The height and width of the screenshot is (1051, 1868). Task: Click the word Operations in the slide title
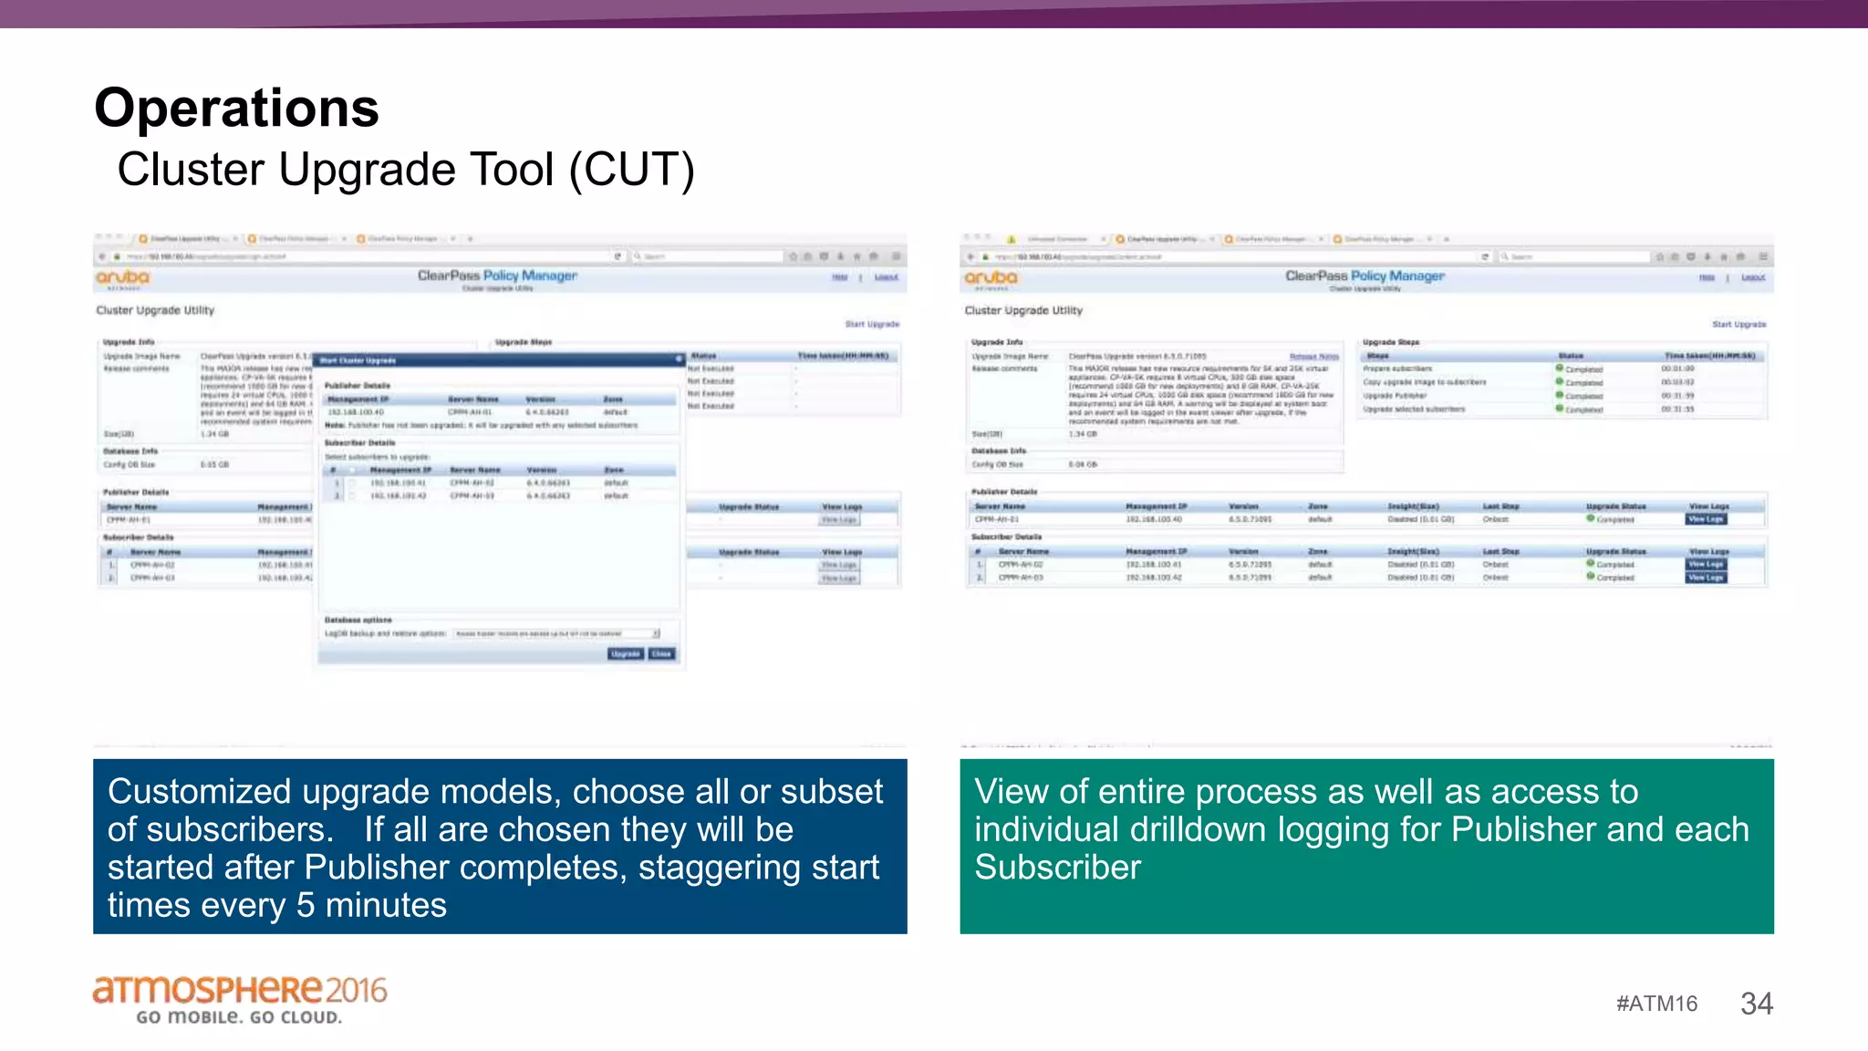tap(236, 109)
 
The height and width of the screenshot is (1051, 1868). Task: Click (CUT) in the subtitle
tap(632, 170)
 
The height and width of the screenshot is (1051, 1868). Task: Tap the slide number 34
tap(1756, 1004)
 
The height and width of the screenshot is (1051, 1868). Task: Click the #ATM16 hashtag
tap(1656, 1004)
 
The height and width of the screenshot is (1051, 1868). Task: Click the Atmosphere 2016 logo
tap(240, 999)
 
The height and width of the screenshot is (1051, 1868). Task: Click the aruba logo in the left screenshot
tap(122, 277)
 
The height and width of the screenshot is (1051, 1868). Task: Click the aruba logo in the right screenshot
tap(991, 277)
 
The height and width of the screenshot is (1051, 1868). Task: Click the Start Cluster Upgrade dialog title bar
tap(497, 360)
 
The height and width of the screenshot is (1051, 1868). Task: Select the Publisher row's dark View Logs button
tap(1705, 519)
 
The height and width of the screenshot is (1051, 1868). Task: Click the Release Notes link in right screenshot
tap(1313, 357)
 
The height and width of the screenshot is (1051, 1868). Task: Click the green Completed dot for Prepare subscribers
tap(1560, 369)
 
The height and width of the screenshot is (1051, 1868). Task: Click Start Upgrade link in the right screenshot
tap(1738, 325)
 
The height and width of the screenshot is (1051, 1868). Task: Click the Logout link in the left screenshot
tap(886, 277)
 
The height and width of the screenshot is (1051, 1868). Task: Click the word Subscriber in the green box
tap(1057, 868)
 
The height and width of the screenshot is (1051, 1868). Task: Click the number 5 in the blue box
tap(306, 906)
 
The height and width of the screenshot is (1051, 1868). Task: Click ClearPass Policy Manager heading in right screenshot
tap(1365, 276)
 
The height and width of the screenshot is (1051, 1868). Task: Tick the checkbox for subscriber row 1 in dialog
tap(352, 484)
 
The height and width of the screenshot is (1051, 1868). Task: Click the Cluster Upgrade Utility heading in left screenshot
tap(155, 310)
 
